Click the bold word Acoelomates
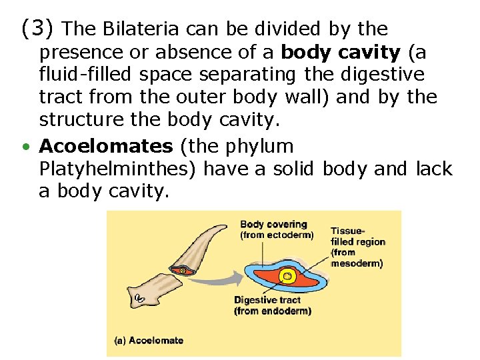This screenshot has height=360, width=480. pyautogui.click(x=105, y=146)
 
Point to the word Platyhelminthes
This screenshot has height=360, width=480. pyautogui.click(x=117, y=169)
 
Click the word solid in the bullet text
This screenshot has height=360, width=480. pyautogui.click(x=293, y=169)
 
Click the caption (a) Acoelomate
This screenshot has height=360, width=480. pyautogui.click(x=149, y=340)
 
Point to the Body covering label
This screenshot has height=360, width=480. pyautogui.click(x=273, y=225)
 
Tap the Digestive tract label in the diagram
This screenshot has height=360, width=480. pyautogui.click(x=267, y=300)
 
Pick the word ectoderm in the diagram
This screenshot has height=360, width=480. pyautogui.click(x=289, y=235)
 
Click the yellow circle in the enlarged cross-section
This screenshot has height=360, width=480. pyautogui.click(x=288, y=275)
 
